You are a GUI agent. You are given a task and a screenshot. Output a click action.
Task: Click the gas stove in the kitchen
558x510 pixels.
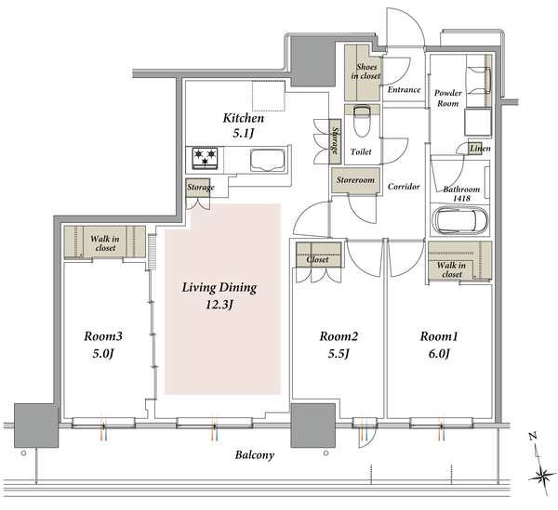[205, 158]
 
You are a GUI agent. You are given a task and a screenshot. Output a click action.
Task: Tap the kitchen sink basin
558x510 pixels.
[268, 160]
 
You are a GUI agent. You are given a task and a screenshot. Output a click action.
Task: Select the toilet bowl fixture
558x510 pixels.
[362, 120]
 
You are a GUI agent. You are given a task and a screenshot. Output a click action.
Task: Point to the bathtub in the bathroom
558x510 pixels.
[459, 221]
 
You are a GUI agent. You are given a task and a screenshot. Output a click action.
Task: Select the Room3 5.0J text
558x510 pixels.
[103, 345]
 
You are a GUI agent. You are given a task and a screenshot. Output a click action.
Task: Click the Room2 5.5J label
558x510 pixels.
[339, 345]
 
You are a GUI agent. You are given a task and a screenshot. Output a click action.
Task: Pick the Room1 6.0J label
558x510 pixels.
[439, 345]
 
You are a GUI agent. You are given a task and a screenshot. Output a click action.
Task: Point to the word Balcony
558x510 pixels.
[255, 455]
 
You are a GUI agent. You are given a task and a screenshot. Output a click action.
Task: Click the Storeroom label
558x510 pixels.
[355, 180]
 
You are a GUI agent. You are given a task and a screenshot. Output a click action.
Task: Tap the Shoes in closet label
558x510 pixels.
[365, 72]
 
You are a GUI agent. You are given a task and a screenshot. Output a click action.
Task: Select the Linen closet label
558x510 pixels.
[480, 149]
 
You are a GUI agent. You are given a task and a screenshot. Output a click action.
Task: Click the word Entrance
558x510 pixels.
[404, 89]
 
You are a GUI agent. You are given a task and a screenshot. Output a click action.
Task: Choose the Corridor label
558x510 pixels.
[404, 186]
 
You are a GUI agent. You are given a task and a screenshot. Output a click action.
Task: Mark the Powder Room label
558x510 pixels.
[447, 98]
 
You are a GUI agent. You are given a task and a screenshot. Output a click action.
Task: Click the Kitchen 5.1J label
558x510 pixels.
[244, 125]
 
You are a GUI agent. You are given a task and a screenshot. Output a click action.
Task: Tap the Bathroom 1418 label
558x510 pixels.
[461, 194]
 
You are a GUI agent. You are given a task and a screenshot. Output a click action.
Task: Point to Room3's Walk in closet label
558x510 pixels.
[105, 243]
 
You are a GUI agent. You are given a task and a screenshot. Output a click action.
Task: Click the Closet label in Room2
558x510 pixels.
[317, 260]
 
